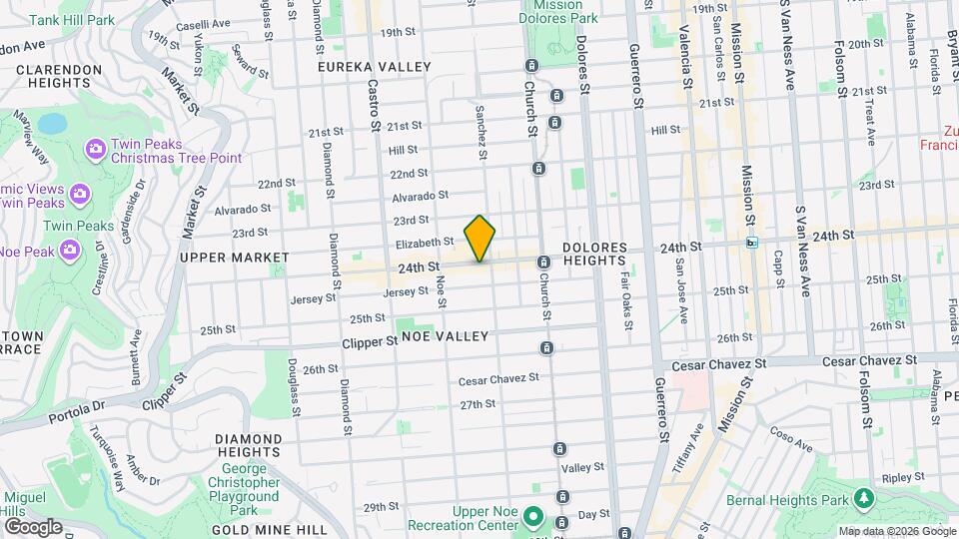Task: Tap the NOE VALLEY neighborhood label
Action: pos(445,336)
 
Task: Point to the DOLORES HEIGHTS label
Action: pos(594,254)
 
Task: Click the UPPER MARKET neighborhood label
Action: pos(234,258)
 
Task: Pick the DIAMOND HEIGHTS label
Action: pos(248,446)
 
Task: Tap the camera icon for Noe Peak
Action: pos(69,250)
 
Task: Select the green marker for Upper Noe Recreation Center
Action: pos(532,517)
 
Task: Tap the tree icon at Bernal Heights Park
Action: pos(862,497)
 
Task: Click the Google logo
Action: pos(32,526)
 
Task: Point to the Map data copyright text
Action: pos(896,531)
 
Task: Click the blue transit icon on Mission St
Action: pos(751,242)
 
